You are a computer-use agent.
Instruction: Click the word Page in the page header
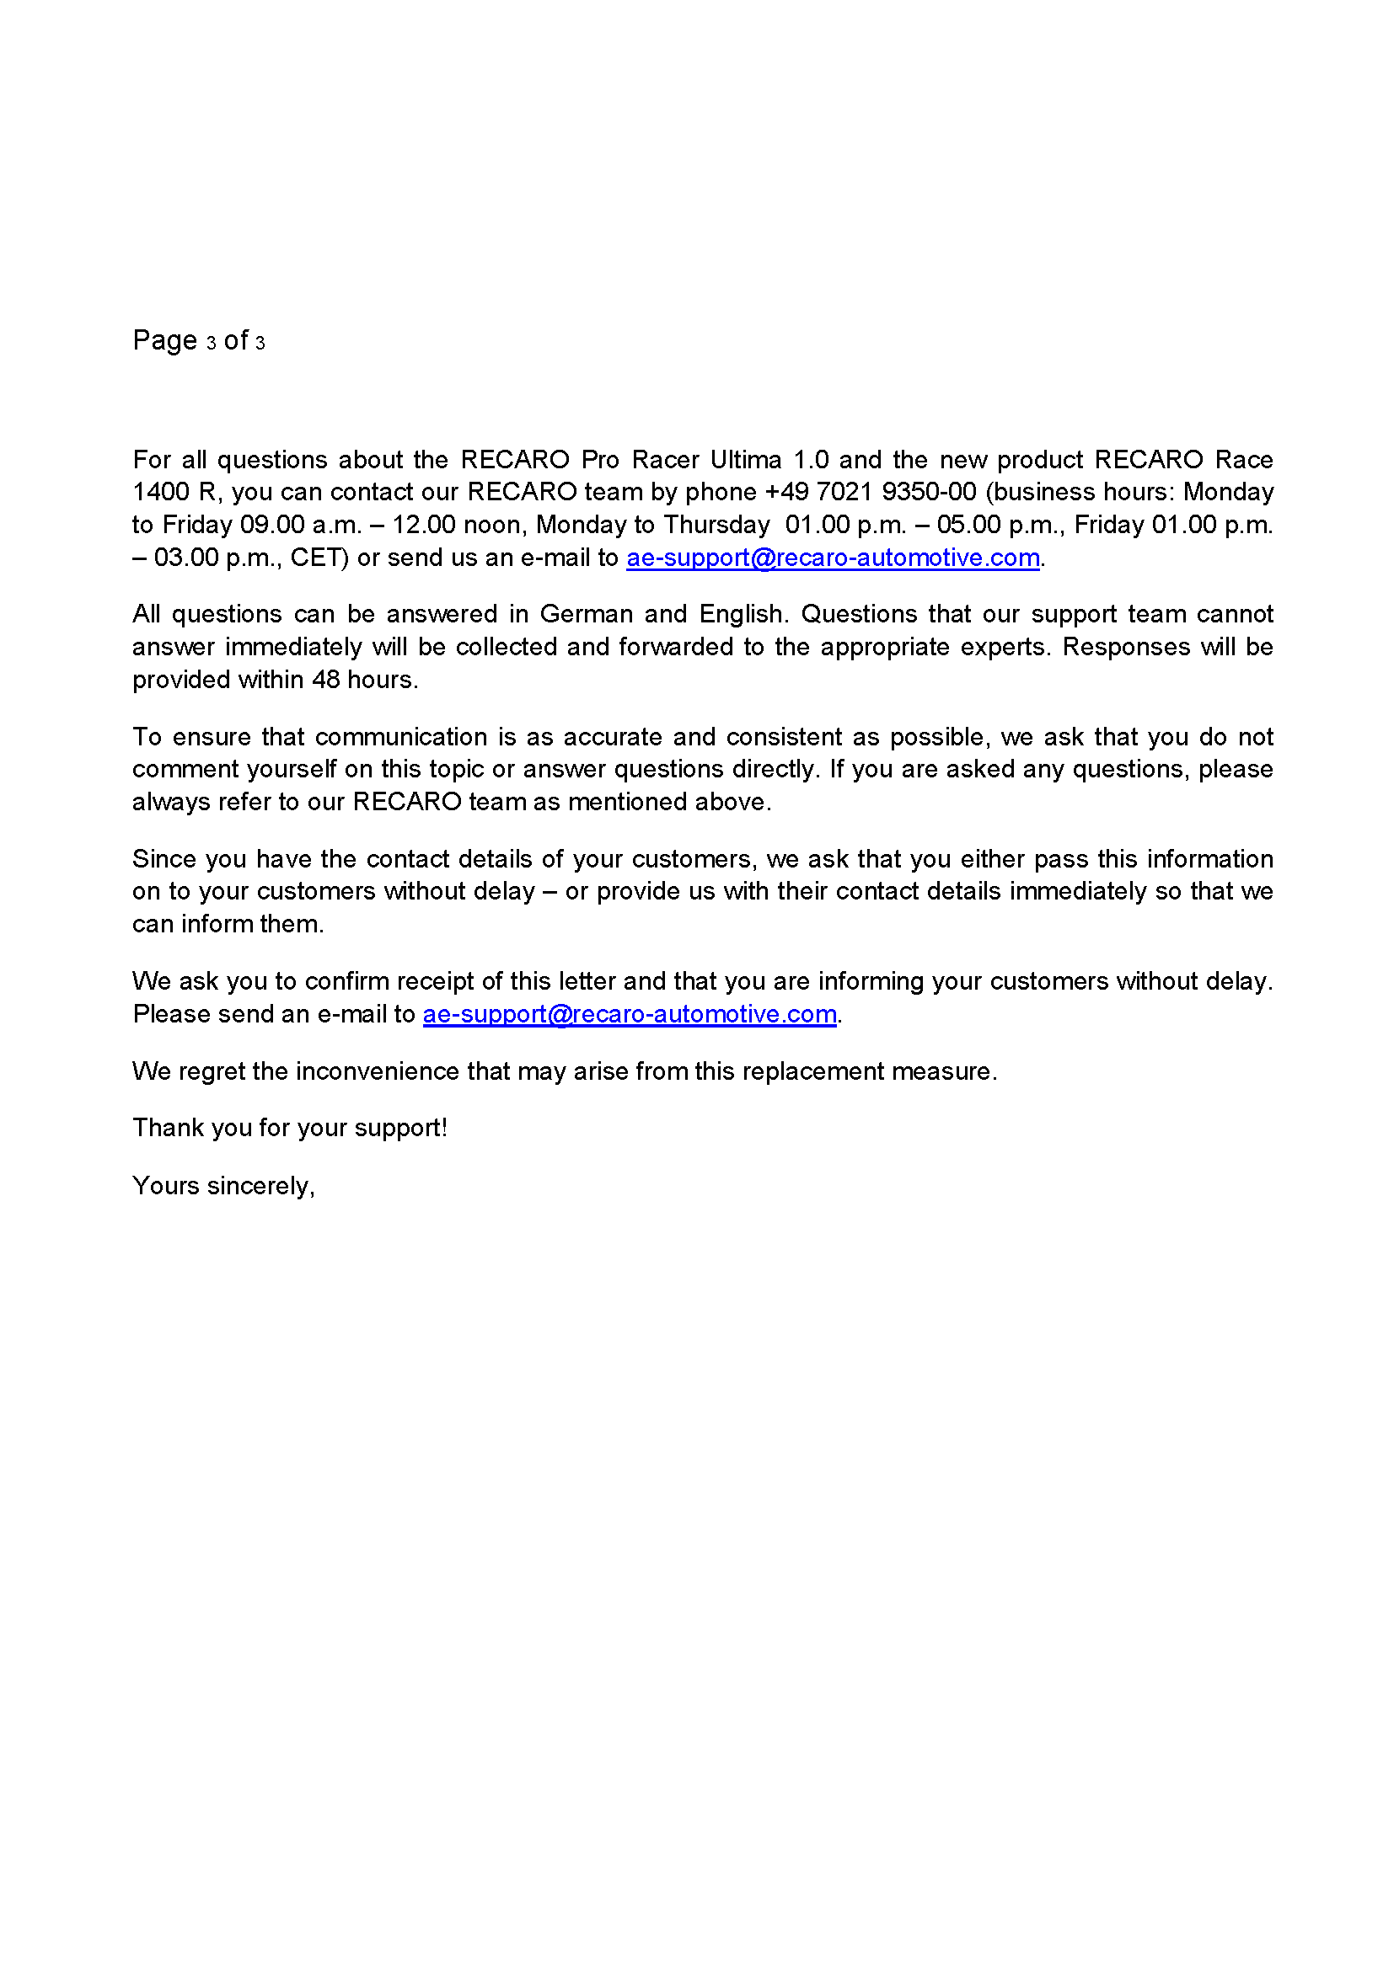pos(165,340)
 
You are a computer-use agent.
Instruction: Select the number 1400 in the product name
pos(160,493)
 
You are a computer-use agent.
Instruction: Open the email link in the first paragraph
pos(833,558)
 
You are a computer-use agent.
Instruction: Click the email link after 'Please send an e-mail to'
pos(630,1014)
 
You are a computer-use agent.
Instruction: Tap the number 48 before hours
pos(326,681)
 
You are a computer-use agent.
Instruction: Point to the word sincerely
pos(261,1186)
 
